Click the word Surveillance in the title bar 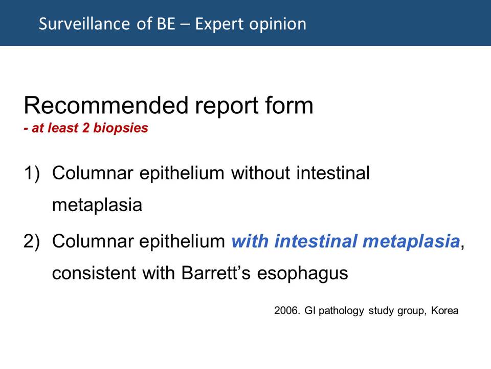click(x=84, y=24)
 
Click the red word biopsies click(x=121, y=128)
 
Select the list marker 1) click(x=32, y=173)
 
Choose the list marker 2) click(x=32, y=241)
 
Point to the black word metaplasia click(x=97, y=205)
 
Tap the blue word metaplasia click(x=411, y=241)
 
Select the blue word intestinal click(x=316, y=241)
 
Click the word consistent click(x=94, y=273)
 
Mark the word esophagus click(x=302, y=273)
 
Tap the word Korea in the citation click(x=444, y=311)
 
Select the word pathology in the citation click(x=341, y=311)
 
